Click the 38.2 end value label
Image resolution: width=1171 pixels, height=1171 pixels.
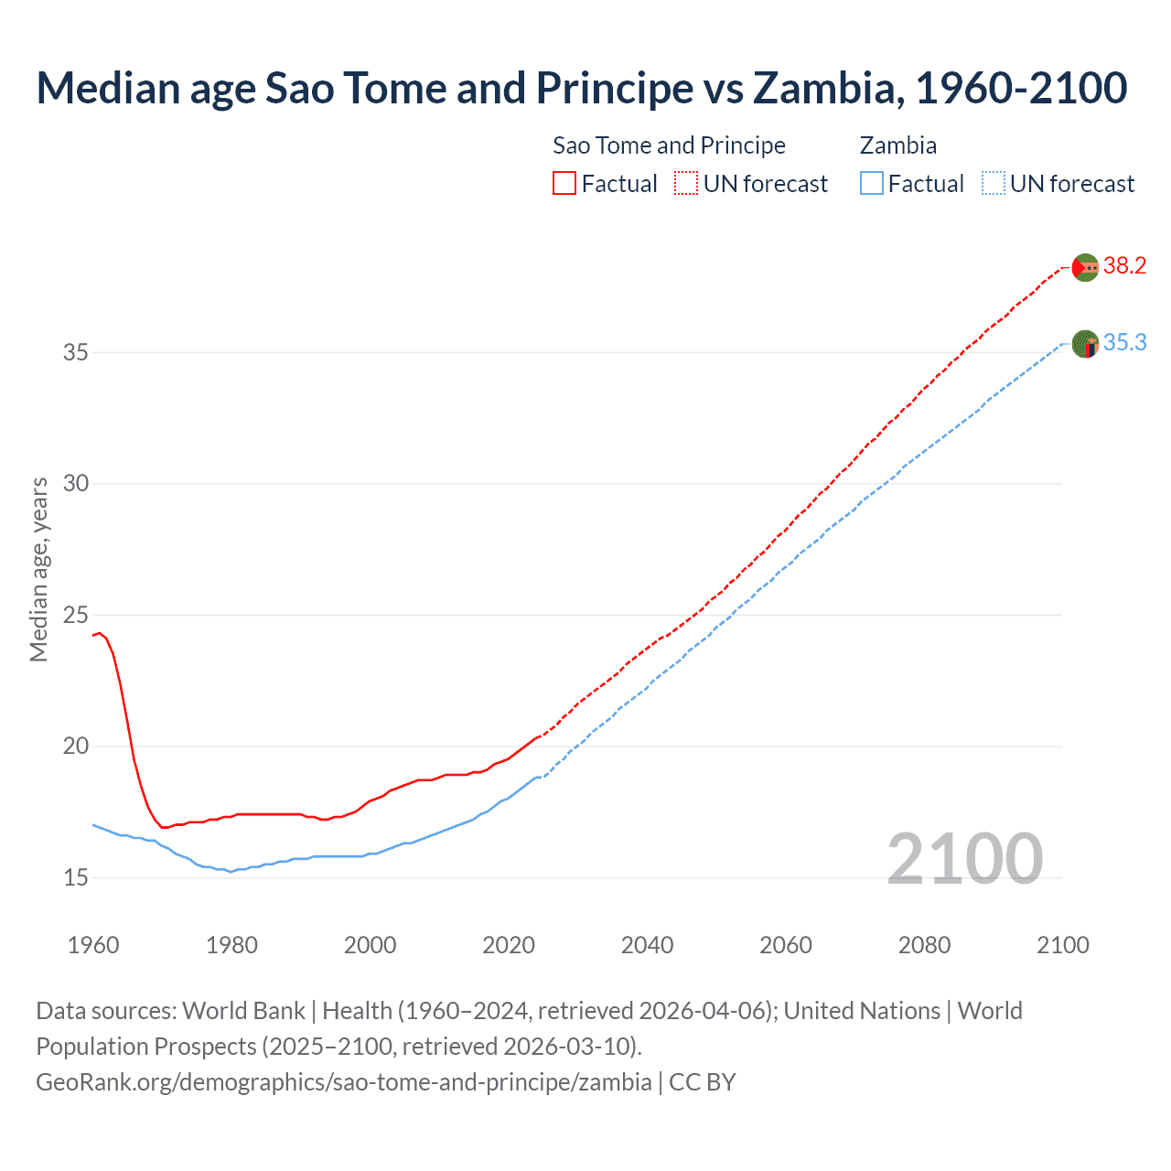tap(1124, 266)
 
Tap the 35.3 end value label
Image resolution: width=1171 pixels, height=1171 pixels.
tap(1124, 343)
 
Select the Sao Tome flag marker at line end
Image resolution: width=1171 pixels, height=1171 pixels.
tap(1085, 267)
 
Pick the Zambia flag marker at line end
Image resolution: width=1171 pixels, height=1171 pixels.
tap(1085, 344)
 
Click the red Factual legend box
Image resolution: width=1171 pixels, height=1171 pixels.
tap(564, 184)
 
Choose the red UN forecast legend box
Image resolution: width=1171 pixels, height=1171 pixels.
tap(686, 184)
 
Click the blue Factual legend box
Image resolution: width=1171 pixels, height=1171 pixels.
tap(872, 184)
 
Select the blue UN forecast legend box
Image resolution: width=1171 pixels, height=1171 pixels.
tap(994, 184)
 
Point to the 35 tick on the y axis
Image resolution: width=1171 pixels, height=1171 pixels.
tap(76, 352)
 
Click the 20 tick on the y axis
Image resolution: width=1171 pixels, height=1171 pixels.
tap(76, 747)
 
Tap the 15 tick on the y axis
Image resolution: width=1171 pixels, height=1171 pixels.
tap(76, 878)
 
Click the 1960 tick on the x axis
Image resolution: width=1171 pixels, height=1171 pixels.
tap(93, 945)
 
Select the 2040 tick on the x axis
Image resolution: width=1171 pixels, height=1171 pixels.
tap(648, 945)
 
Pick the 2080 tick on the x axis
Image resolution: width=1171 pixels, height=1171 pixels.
tap(924, 945)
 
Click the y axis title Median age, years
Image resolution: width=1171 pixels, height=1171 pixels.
tap(38, 569)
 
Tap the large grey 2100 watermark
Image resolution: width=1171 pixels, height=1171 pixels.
tap(964, 859)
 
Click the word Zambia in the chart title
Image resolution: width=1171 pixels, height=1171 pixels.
tap(822, 88)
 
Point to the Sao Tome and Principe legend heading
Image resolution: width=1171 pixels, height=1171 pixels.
tap(669, 145)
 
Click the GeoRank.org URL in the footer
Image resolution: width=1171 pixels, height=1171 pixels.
tap(343, 1082)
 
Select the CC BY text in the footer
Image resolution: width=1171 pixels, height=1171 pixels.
tap(703, 1082)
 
